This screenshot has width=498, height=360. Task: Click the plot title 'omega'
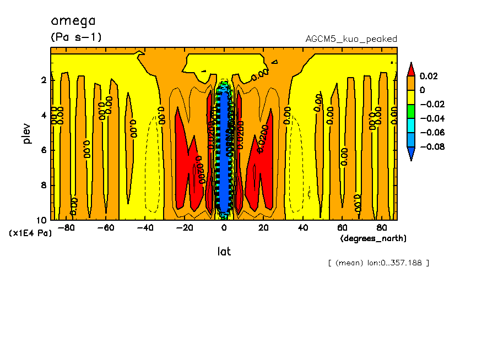pos(73,21)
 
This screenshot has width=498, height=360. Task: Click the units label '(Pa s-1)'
pos(76,37)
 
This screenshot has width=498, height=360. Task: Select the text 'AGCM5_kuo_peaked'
pos(351,39)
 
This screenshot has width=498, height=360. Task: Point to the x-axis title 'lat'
pos(224,252)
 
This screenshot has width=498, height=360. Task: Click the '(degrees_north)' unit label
pos(373,238)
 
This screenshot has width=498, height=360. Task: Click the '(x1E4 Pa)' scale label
pos(31,233)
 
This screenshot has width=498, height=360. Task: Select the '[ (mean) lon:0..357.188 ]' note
pos(378,263)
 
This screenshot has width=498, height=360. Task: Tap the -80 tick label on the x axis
pos(67,228)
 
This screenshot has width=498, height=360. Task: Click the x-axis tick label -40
pos(145,228)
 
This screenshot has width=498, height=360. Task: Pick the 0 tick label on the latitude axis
pos(224,228)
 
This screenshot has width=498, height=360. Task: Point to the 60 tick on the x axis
pos(342,228)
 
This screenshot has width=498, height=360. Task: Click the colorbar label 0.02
pos(429,76)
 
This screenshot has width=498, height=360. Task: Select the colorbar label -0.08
pos(432,146)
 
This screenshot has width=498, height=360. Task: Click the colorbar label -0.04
pos(432,118)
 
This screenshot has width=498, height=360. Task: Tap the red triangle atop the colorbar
pos(411,69)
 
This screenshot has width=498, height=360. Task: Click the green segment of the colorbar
pos(411,111)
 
